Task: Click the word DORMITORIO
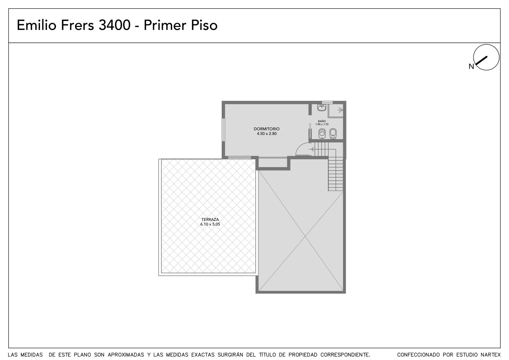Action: (x=267, y=129)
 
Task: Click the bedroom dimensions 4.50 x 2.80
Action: (x=267, y=134)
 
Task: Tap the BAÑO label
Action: (x=322, y=121)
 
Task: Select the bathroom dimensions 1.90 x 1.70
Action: (x=322, y=124)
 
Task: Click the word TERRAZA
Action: (x=210, y=219)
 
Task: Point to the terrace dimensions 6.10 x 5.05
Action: (x=210, y=224)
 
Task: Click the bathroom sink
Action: (x=322, y=107)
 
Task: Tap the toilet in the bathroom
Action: (x=322, y=133)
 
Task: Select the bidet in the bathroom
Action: (x=333, y=134)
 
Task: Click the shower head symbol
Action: (x=340, y=110)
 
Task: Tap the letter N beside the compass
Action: (x=471, y=67)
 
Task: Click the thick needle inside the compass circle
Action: (x=482, y=60)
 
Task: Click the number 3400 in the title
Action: (x=115, y=25)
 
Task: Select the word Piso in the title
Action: (x=204, y=25)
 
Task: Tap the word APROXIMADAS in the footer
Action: (x=126, y=355)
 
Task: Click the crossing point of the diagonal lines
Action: (x=305, y=236)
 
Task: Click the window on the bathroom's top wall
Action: (x=327, y=102)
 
